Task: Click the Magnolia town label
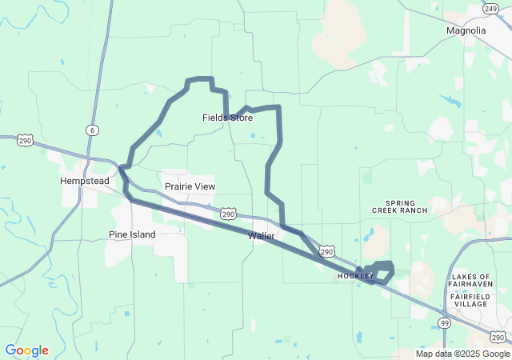tap(466, 30)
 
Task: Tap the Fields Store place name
tap(227, 118)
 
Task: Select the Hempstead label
tap(84, 181)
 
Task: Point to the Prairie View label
tap(190, 186)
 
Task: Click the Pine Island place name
tap(132, 234)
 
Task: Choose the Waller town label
tap(262, 236)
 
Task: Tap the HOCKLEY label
tap(355, 276)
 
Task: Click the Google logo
tap(26, 350)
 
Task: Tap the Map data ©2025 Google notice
tap(462, 354)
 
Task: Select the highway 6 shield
tap(93, 130)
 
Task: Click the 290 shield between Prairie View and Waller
tap(228, 214)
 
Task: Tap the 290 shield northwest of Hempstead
tap(26, 140)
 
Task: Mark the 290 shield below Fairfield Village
tap(498, 336)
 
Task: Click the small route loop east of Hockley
tap(381, 272)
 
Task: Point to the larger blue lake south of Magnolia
tap(449, 102)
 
